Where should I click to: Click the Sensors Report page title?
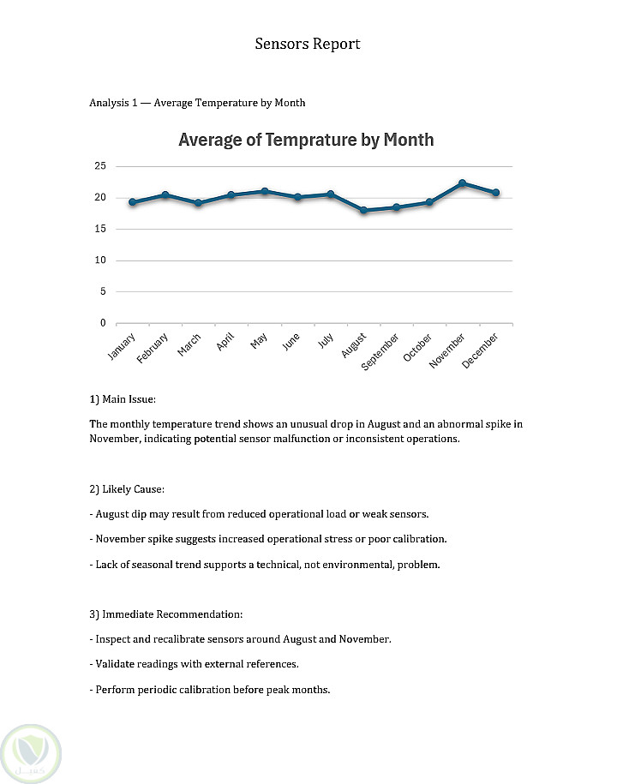click(308, 44)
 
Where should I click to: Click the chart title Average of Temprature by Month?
click(306, 140)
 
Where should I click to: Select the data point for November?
click(463, 183)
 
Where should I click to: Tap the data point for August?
click(363, 210)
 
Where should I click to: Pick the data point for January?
click(133, 202)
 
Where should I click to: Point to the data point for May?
click(265, 191)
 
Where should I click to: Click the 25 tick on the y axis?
click(100, 166)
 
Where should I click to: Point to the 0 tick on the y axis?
click(103, 323)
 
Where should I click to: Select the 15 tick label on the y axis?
click(100, 229)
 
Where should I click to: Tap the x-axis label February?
click(153, 350)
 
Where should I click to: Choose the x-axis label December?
click(481, 350)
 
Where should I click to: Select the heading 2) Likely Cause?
click(127, 489)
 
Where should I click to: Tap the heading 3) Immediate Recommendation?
click(166, 614)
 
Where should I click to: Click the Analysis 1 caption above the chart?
click(197, 103)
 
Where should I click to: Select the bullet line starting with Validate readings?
click(195, 664)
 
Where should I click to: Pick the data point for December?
click(495, 193)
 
